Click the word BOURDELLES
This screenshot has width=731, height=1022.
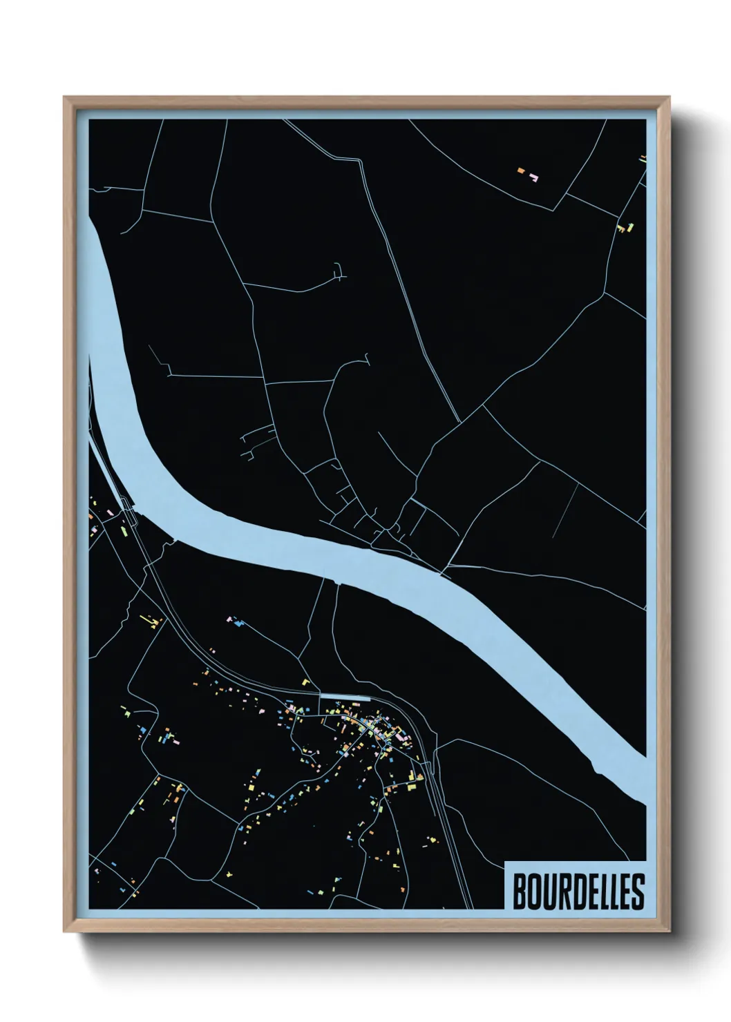578,891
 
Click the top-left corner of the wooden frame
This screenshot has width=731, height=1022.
65,98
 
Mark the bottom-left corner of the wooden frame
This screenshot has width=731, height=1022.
65,932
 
